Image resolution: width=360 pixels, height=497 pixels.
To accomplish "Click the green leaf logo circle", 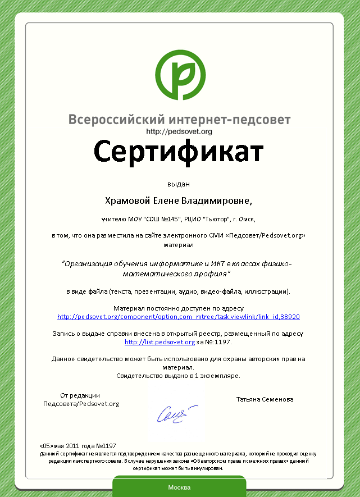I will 180,74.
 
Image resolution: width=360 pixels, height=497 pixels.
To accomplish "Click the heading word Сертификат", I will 179,152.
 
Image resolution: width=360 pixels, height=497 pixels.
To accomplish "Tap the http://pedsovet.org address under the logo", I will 179,131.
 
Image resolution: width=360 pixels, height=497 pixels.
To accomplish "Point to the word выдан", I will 179,184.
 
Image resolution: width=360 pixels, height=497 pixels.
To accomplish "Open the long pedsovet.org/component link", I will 179,317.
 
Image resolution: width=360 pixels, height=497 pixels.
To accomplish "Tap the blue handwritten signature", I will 177,414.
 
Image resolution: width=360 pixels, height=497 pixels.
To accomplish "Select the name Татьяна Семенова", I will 265,399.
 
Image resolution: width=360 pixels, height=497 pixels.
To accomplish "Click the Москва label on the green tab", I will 179,487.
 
